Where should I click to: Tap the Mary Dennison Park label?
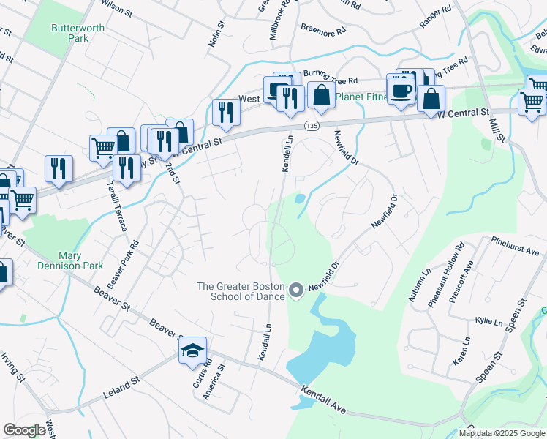(80, 261)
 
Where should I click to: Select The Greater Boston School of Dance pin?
(296, 291)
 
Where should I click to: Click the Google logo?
(26, 430)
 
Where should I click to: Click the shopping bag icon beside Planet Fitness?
(320, 95)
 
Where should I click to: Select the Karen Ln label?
(461, 351)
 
